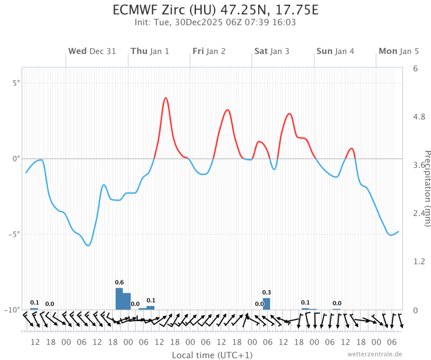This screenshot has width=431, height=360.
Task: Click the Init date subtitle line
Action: click(x=215, y=22)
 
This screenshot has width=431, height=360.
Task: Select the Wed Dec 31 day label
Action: click(x=92, y=51)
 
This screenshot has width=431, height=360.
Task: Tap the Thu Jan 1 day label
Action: click(x=150, y=51)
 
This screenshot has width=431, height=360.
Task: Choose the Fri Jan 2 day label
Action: click(x=209, y=51)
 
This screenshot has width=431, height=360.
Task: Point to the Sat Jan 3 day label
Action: click(x=271, y=51)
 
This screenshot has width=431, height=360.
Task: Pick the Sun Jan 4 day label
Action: click(x=335, y=51)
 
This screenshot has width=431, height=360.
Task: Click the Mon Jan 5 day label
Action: click(x=399, y=51)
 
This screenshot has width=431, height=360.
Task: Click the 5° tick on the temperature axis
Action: click(x=16, y=83)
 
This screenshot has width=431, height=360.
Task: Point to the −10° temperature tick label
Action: click(x=12, y=310)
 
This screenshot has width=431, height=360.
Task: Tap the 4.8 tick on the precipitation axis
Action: click(x=418, y=117)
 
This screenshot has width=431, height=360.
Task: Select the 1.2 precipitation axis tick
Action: click(x=418, y=261)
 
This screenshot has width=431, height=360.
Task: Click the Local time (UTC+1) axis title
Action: click(x=212, y=355)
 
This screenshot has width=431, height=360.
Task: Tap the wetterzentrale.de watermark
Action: click(x=374, y=354)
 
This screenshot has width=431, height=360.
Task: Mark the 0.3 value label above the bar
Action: click(x=266, y=292)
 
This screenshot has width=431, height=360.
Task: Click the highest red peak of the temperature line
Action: click(x=166, y=98)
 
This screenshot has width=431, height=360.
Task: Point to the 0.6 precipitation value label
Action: click(x=119, y=282)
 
